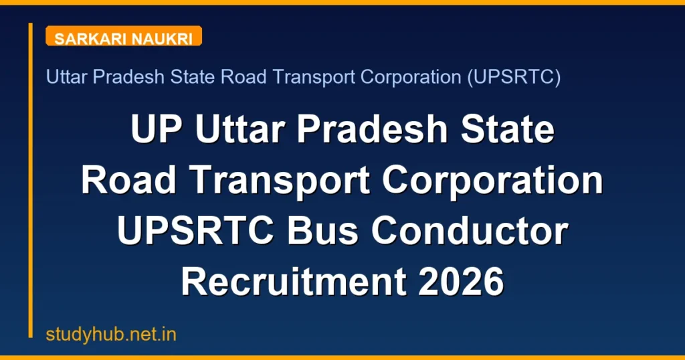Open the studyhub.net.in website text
click(111, 334)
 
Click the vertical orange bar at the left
click(31, 180)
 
